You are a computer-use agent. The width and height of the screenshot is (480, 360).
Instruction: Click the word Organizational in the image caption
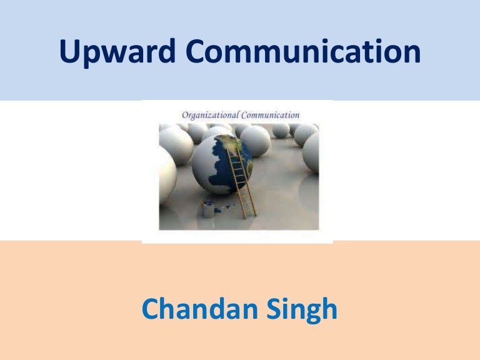(x=209, y=115)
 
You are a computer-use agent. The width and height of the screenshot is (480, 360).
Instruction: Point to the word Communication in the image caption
(x=271, y=115)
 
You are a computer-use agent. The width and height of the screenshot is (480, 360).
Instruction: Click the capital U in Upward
(x=68, y=52)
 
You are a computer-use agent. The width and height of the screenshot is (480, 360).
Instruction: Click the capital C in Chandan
(x=151, y=309)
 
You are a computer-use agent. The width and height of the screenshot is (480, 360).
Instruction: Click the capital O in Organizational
(x=185, y=115)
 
